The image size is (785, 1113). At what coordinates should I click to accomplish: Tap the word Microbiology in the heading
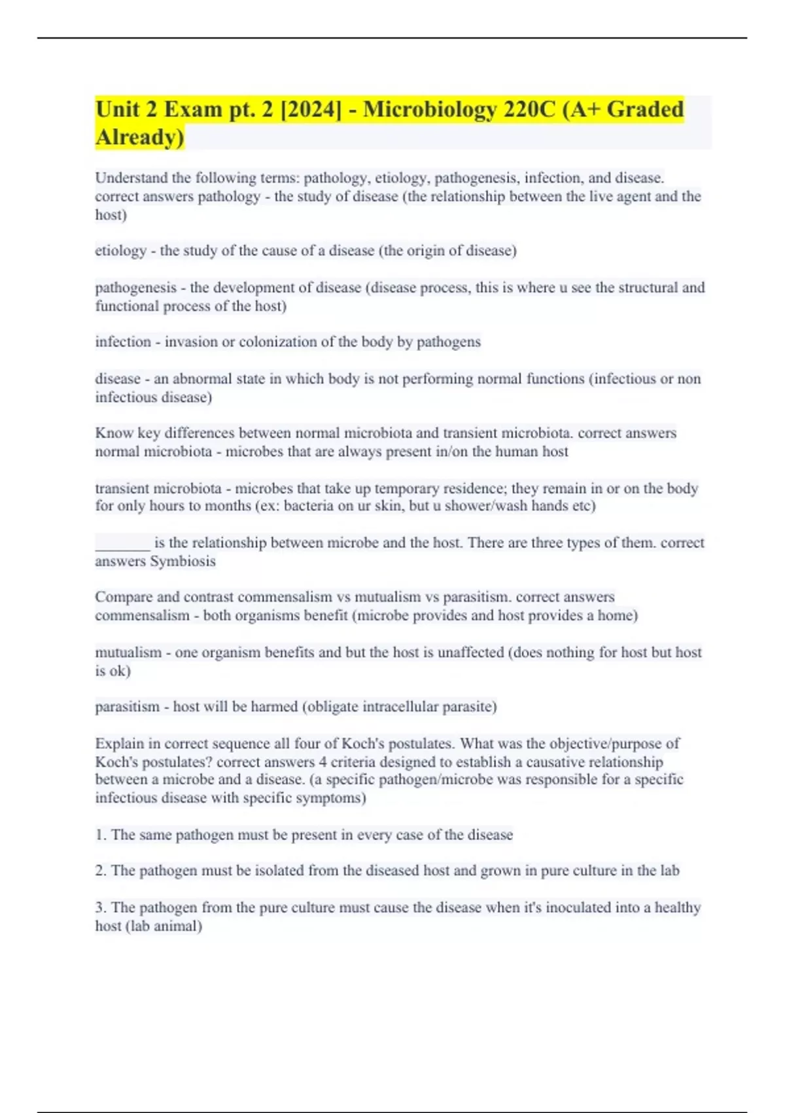click(x=430, y=109)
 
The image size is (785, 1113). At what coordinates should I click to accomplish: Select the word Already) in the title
click(x=140, y=137)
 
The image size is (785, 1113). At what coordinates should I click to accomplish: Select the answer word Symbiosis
click(x=183, y=561)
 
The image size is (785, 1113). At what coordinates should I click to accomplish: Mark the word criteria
click(x=363, y=762)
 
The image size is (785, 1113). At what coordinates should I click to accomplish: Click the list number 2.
click(x=100, y=871)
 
